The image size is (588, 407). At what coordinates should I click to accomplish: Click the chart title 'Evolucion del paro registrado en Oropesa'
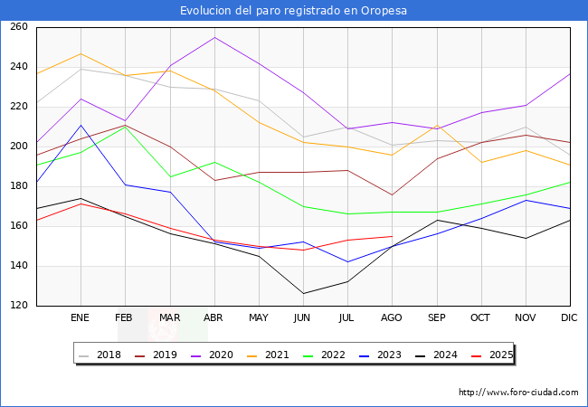[293, 11]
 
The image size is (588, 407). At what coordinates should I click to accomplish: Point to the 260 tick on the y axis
[19, 27]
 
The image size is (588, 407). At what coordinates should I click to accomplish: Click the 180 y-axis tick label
[19, 186]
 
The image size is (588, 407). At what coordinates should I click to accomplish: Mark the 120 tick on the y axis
[19, 306]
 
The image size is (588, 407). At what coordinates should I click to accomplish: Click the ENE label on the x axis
[81, 318]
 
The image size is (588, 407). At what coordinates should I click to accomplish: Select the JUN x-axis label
[303, 318]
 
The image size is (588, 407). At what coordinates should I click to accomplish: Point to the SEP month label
[436, 318]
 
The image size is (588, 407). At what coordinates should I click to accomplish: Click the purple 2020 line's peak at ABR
[214, 37]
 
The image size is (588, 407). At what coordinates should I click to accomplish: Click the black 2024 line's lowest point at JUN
[303, 293]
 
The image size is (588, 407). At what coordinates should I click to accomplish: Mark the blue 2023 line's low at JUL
[347, 262]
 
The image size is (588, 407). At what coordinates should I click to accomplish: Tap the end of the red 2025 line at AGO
[392, 236]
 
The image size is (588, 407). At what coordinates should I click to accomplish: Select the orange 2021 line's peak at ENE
[81, 53]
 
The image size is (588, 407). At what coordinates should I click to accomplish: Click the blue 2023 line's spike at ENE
[81, 125]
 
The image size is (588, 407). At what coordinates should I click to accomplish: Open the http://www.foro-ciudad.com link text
[518, 393]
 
